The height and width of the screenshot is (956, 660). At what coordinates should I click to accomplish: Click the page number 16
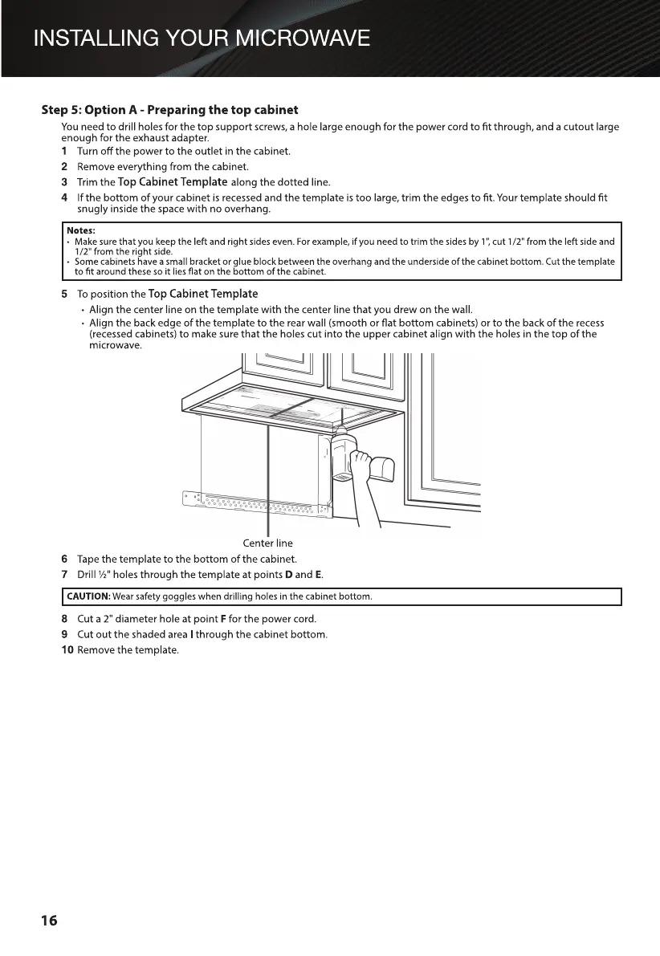click(x=50, y=921)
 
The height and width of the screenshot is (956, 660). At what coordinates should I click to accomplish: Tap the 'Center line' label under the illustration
click(x=267, y=543)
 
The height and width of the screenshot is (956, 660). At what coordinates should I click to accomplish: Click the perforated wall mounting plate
click(x=257, y=504)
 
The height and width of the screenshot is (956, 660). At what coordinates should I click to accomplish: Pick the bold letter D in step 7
click(x=287, y=575)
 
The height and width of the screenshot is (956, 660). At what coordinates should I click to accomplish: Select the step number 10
click(x=68, y=649)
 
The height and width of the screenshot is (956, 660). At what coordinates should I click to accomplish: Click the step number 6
click(x=64, y=559)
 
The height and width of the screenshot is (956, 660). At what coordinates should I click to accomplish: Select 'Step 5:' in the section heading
click(x=63, y=109)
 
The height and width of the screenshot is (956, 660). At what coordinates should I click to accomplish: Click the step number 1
click(x=64, y=152)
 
